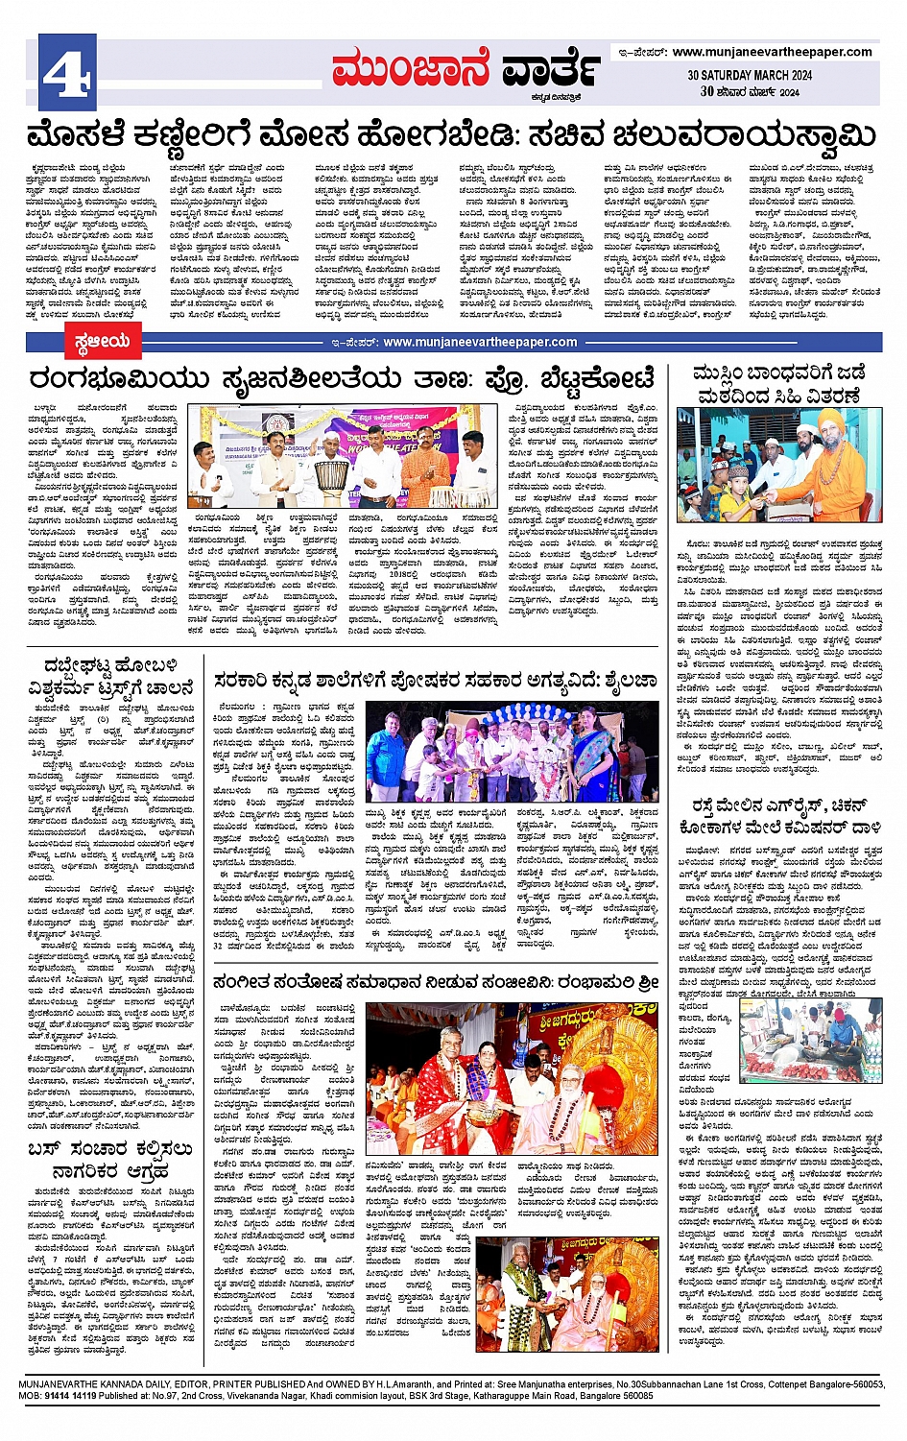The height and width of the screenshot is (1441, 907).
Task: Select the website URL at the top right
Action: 772,52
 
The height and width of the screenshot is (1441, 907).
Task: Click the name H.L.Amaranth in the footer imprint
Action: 407,1384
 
